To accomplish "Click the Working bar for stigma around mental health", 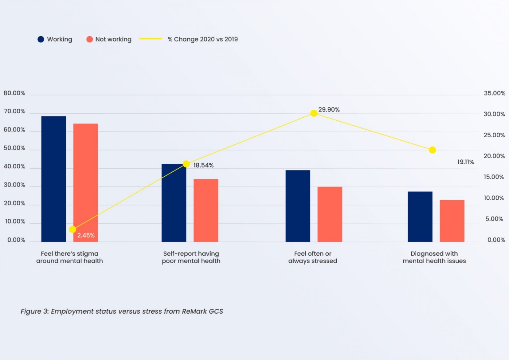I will pos(54,179).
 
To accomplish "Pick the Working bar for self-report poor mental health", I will pos(174,203).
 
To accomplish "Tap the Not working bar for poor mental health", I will pos(206,210).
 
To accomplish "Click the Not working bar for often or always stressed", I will pos(329,214).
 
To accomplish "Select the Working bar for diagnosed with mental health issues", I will pos(420,217).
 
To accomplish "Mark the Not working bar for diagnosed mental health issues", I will pos(452,221).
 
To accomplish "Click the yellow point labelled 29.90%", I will pos(314,113).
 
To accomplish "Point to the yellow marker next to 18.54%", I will pos(186,164).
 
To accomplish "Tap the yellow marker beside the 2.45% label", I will pos(73,229).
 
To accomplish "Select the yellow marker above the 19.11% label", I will pos(432,150).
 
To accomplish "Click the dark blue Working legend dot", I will pos(41,39).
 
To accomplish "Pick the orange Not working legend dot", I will pos(89,39).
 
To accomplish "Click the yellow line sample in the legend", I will pos(151,39).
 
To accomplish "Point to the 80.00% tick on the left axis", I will pos(14,93).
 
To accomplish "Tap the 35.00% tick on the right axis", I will pos(495,93).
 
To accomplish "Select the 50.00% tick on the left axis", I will pos(14,148).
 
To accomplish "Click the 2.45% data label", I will pos(86,235).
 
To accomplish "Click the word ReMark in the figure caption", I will pos(194,311).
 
